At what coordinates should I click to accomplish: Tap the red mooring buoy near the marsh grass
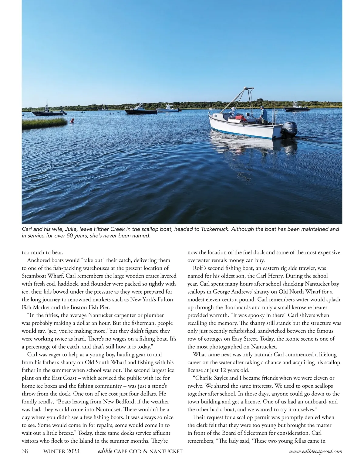coord(72,121)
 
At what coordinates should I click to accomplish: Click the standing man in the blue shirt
coord(263,115)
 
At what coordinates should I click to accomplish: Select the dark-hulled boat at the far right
coord(292,108)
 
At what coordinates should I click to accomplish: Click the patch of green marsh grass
coord(44,123)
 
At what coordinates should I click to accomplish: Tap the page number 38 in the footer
coord(25,451)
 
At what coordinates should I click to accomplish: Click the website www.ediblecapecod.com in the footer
coord(315,451)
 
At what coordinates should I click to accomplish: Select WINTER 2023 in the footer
coord(62,451)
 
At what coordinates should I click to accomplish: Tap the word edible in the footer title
coord(105,451)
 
